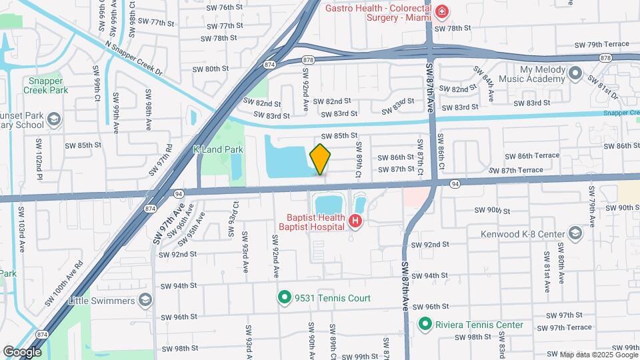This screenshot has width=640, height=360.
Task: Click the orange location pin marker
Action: (320, 159)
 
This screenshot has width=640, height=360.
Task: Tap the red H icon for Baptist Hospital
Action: (356, 221)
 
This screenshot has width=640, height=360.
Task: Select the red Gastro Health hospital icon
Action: (441, 11)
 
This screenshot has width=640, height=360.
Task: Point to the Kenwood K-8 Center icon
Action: (575, 234)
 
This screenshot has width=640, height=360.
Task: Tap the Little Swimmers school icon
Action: (143, 301)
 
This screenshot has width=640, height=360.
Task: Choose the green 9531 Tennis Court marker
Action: (285, 298)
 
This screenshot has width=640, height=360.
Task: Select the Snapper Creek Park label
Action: (45, 85)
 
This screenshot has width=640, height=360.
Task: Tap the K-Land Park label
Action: (218, 150)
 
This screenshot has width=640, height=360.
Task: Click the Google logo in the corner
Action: (21, 351)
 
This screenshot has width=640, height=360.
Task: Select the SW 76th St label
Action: (224, 7)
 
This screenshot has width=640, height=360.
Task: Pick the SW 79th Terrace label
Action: (601, 44)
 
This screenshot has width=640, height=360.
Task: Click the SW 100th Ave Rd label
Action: (63, 283)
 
